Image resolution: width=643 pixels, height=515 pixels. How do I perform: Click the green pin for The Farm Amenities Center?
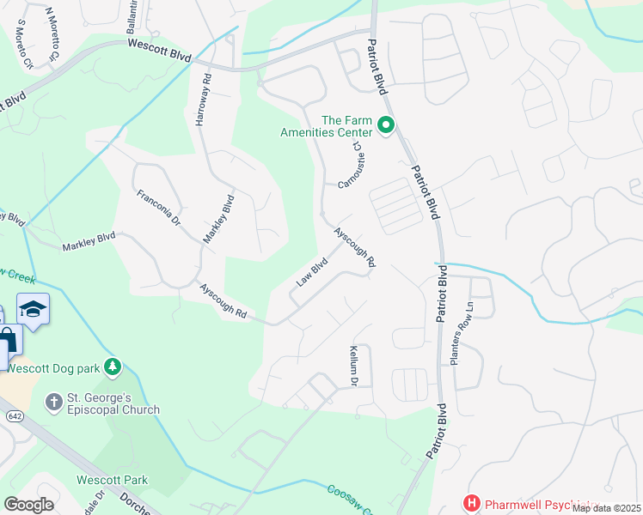click(x=386, y=127)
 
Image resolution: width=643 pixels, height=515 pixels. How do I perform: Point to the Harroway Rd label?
click(x=203, y=101)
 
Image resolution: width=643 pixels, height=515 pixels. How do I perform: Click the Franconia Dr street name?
click(x=159, y=209)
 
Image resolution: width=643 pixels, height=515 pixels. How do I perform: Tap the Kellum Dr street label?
click(x=353, y=366)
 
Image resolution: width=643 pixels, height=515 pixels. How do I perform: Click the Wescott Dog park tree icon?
click(x=112, y=367)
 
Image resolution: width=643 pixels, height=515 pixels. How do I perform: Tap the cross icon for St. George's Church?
click(x=53, y=401)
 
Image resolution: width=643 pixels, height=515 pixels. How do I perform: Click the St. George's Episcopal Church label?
click(x=114, y=403)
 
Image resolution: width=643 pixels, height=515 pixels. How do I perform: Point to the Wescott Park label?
click(x=112, y=480)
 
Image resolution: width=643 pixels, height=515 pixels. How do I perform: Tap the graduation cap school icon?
click(x=33, y=310)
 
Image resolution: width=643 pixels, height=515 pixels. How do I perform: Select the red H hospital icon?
click(x=471, y=502)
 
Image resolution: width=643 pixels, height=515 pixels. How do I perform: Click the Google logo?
click(x=28, y=504)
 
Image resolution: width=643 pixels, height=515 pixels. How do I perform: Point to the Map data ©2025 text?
click(x=606, y=508)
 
